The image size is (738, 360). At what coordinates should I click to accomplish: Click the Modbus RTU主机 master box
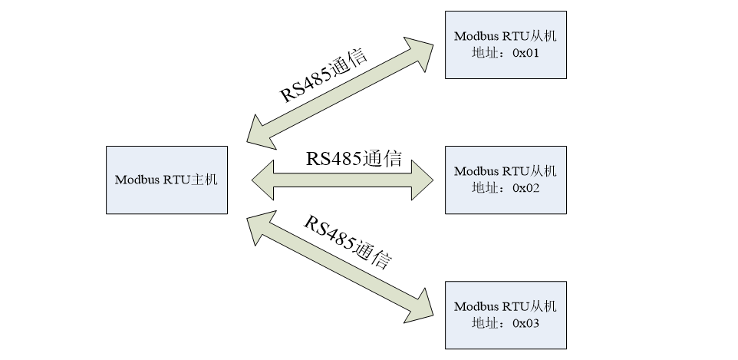pyautogui.click(x=166, y=180)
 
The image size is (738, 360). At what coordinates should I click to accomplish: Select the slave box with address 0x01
pyautogui.click(x=506, y=45)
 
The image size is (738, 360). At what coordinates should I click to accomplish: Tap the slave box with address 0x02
pyautogui.click(x=506, y=180)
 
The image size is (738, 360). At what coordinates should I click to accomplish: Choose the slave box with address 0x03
pyautogui.click(x=506, y=315)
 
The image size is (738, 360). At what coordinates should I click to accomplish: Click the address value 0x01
pyautogui.click(x=525, y=54)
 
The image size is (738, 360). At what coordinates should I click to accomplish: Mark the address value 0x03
pyautogui.click(x=525, y=324)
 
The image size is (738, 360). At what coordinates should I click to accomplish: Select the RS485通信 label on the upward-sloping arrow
pyautogui.click(x=323, y=76)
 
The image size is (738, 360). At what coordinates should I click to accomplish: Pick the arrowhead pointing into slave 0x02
pyautogui.click(x=421, y=180)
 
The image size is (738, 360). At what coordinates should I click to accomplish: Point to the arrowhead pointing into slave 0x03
pyautogui.click(x=420, y=303)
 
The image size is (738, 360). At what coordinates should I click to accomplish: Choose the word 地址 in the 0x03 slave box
pyautogui.click(x=483, y=324)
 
